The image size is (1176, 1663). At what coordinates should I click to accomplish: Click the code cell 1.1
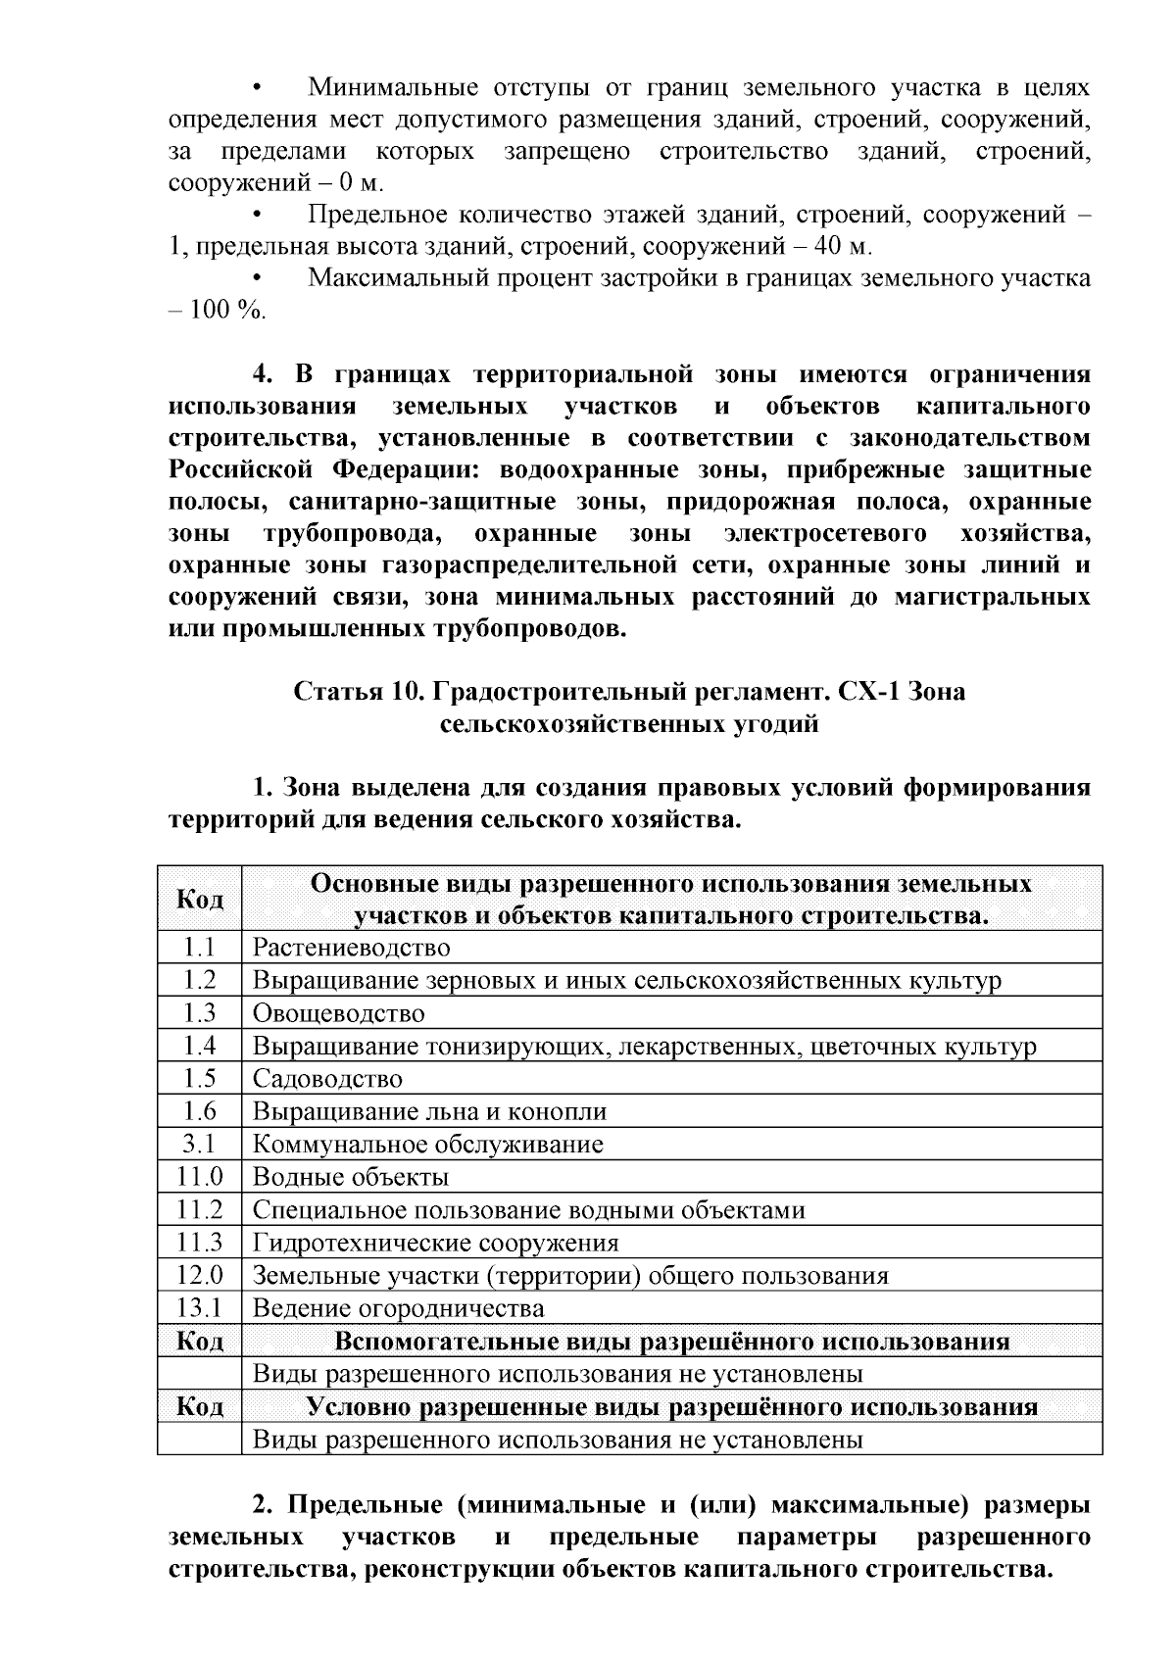pos(199,948)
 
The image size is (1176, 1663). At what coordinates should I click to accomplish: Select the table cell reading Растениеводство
pos(351,948)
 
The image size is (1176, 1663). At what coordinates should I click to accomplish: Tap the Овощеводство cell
pos(338,1013)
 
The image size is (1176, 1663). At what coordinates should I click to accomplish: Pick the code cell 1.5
pos(199,1079)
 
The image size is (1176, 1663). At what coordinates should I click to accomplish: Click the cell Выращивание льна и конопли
pos(429,1112)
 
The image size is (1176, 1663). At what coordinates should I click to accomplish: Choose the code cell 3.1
pos(199,1145)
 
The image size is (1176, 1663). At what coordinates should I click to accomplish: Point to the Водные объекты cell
pos(351,1177)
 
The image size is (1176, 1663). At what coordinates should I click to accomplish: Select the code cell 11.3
pos(199,1243)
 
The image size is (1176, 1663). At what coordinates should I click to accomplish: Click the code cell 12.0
pos(199,1276)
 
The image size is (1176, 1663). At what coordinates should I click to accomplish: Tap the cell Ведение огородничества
pos(398,1308)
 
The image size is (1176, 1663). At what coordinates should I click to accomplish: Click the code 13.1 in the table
pos(199,1308)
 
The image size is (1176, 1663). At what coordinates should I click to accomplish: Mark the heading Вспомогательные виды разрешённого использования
pos(671,1342)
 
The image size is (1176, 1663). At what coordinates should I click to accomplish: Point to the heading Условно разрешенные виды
pos(671,1407)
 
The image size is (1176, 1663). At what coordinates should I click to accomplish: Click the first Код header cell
pos(199,899)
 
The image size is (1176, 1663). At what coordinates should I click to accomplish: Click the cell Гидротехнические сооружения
pos(435,1243)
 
